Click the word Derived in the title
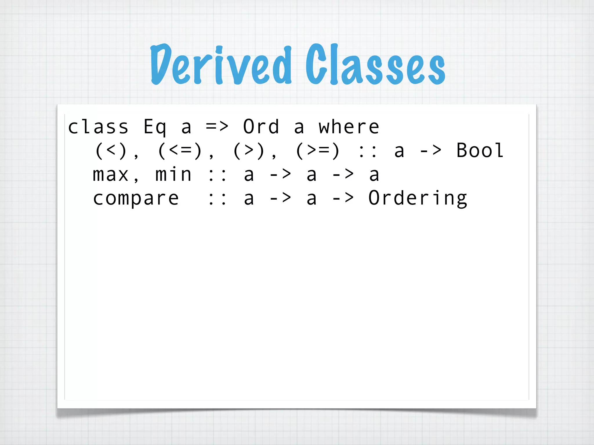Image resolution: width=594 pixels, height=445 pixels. (x=220, y=65)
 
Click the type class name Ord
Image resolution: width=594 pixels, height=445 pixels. (x=261, y=127)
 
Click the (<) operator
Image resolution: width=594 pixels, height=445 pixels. (x=111, y=151)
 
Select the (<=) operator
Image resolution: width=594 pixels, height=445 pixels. (x=180, y=151)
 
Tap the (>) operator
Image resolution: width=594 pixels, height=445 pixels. (x=249, y=151)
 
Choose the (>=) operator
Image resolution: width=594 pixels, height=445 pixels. (x=318, y=151)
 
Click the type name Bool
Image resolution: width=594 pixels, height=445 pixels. (x=480, y=151)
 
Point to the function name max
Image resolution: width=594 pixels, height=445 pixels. (x=111, y=175)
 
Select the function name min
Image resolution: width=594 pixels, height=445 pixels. (x=173, y=175)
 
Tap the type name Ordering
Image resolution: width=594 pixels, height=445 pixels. (x=418, y=199)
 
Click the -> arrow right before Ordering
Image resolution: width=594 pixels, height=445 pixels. (x=343, y=198)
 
